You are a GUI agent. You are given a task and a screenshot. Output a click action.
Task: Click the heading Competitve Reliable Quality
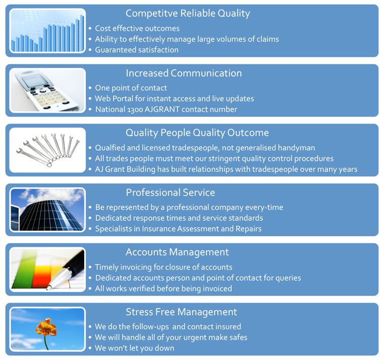point(188,14)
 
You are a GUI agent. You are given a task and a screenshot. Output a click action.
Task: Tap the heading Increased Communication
point(184,73)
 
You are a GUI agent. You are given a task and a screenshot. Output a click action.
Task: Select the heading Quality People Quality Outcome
point(197,133)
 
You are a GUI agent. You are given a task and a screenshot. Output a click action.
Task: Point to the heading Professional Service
point(170,193)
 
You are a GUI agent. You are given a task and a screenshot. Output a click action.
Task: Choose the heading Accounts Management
point(177,253)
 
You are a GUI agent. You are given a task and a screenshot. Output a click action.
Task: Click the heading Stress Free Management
point(181,312)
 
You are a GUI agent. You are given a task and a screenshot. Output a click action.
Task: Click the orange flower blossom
point(46,327)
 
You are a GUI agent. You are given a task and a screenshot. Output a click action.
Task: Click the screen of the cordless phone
point(34,81)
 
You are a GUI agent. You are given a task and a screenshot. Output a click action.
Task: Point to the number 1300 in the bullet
point(135,109)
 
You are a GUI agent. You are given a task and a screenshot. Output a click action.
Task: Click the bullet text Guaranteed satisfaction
point(137,50)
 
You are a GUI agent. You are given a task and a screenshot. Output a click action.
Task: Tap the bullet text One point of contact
point(131,88)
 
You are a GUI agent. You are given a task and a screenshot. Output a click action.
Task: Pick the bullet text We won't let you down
point(134,348)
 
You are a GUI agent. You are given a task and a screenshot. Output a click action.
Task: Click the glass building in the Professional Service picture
point(50,214)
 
